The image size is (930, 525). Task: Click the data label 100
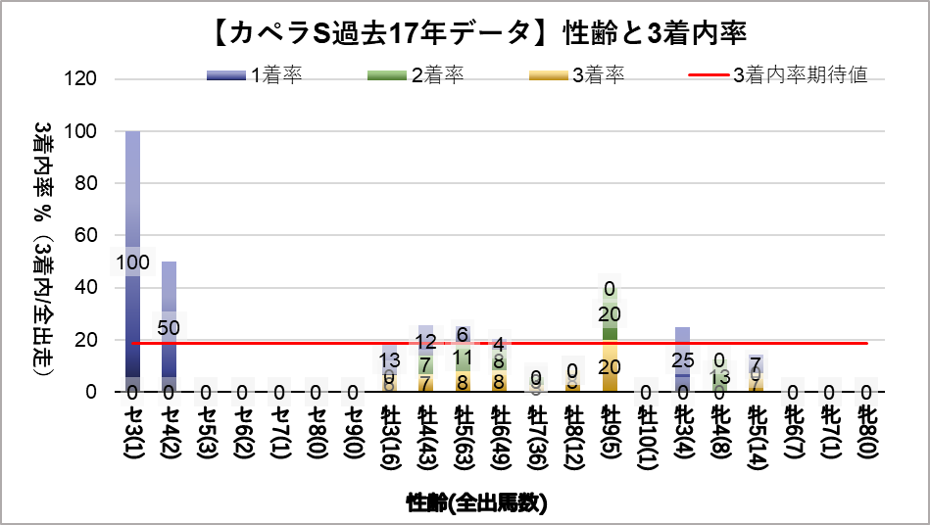point(132,262)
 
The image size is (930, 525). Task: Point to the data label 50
point(169,327)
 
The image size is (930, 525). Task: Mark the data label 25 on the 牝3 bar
point(682,361)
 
